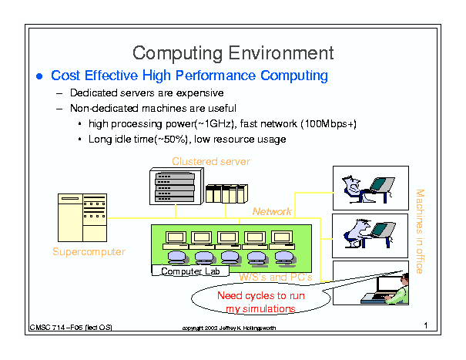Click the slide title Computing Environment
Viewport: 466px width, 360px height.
coord(233,53)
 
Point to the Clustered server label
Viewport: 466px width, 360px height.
coord(211,161)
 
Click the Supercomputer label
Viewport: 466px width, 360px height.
coord(89,252)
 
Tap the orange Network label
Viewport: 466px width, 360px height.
coord(272,211)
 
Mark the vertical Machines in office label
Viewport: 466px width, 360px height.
coord(420,230)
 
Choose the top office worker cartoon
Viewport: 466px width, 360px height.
coord(369,187)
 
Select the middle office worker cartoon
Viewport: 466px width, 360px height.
coord(369,234)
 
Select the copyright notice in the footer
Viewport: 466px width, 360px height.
coord(229,328)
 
